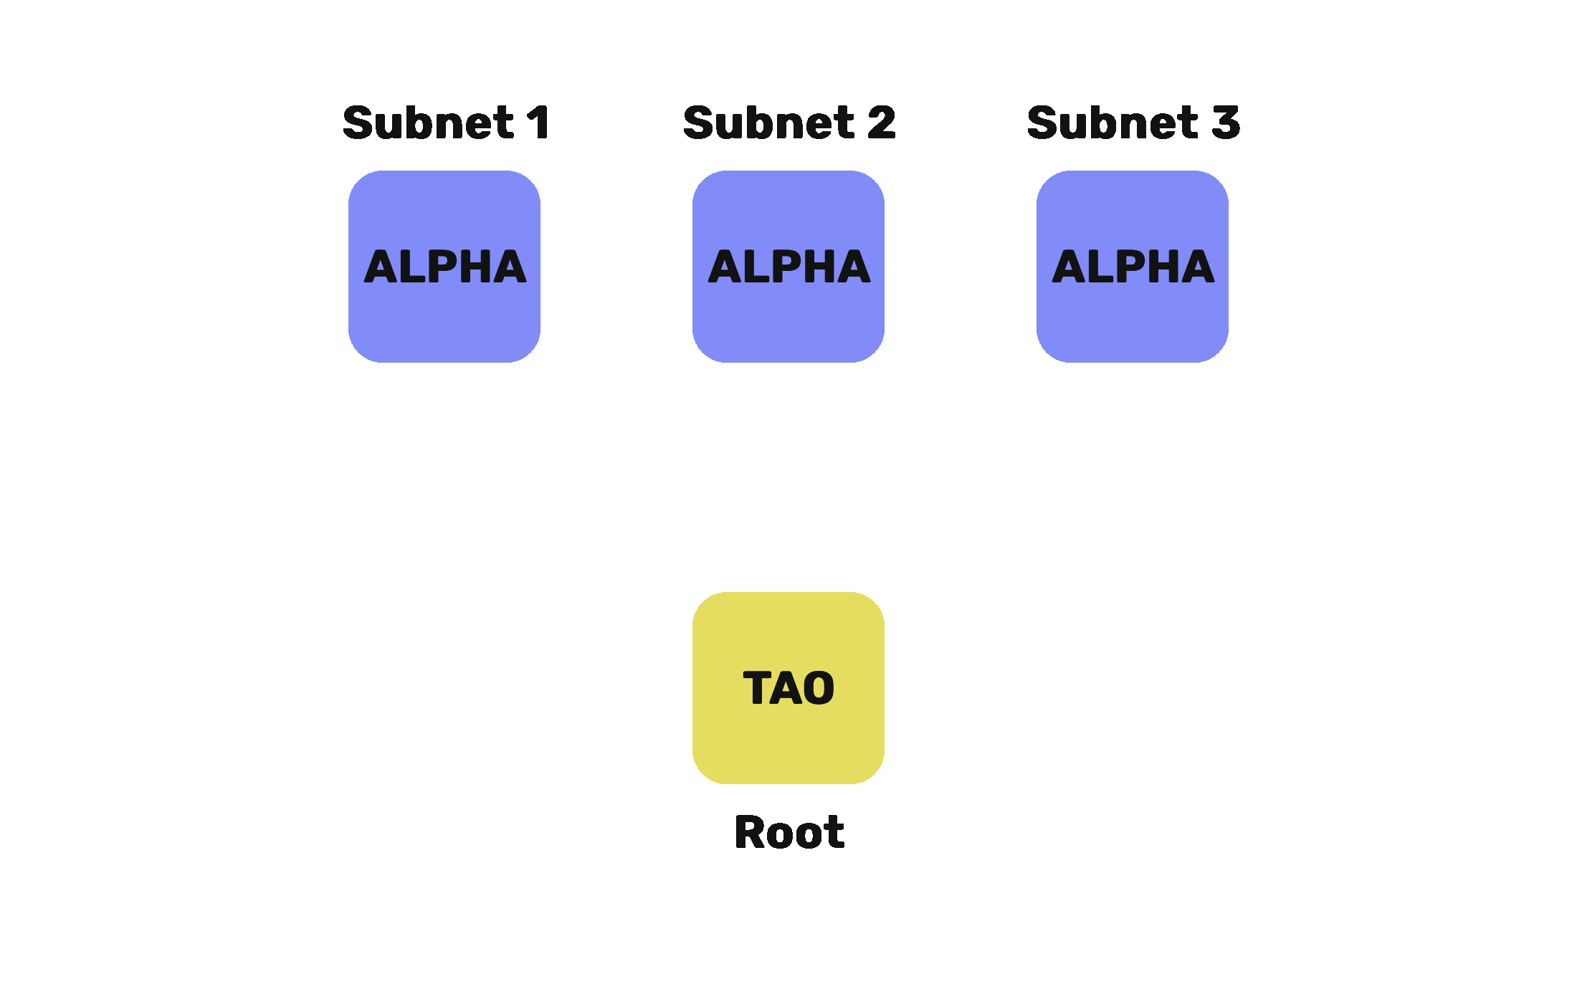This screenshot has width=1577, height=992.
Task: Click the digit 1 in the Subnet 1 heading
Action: coord(538,123)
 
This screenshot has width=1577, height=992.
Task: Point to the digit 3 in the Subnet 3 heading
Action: coord(1226,123)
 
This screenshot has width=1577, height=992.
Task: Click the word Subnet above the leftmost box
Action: coord(428,123)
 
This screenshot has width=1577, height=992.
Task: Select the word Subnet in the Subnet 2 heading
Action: coord(768,123)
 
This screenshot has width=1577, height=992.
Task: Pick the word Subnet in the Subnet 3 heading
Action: coord(1113,123)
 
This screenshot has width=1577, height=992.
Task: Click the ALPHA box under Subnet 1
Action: coord(444,266)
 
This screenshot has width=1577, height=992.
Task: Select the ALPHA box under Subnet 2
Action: coord(788,266)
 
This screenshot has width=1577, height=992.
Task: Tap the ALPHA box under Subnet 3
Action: coord(1133,266)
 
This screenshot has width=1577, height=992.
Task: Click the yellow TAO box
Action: coord(788,687)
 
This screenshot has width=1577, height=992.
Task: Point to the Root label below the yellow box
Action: coord(789,832)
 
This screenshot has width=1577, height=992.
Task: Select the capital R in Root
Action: coord(749,832)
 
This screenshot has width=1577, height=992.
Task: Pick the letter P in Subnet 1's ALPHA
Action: coord(448,267)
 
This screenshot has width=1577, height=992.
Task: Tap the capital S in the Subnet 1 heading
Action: coord(358,123)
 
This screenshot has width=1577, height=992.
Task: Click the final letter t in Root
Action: coord(836,833)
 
